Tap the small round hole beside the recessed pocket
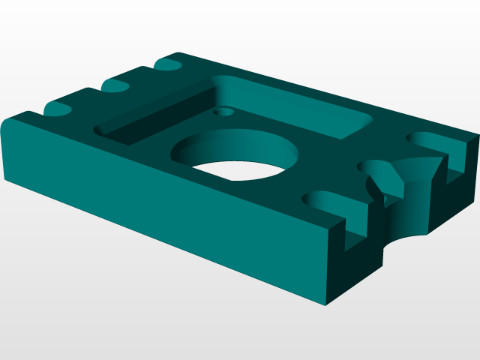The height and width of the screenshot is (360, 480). pos(221,112)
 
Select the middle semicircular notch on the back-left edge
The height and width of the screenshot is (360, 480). pos(116,86)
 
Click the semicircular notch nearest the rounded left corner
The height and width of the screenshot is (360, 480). pos(58,109)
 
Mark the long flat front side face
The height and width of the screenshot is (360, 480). pos(165,217)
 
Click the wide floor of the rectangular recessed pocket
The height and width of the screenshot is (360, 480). pos(300,112)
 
